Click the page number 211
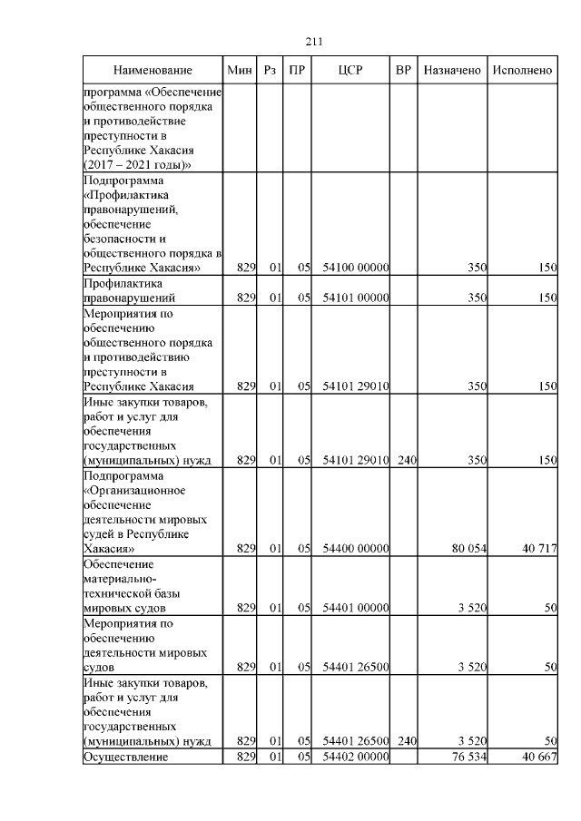[315, 42]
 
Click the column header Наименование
[153, 71]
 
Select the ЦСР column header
[350, 71]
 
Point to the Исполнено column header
[522, 71]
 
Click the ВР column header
[404, 71]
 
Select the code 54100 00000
[356, 268]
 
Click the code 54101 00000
[356, 298]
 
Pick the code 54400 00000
[356, 549]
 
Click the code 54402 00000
[356, 757]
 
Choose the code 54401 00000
[356, 608]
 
